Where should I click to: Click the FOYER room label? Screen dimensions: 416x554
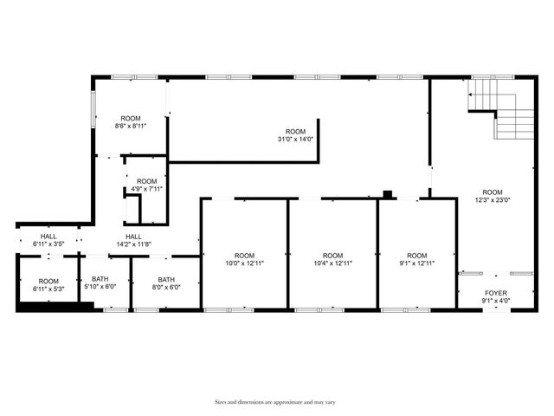(x=496, y=293)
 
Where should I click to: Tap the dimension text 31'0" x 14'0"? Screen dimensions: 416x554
(x=296, y=139)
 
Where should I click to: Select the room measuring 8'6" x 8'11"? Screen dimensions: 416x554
(x=131, y=122)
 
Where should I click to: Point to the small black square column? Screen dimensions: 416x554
(x=388, y=193)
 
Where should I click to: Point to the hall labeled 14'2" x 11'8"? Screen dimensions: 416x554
(x=133, y=241)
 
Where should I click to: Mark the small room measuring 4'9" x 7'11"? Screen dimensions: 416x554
(x=146, y=185)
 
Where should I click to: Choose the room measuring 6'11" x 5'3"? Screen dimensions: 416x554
(x=48, y=285)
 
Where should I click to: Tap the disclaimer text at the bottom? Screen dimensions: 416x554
(x=275, y=402)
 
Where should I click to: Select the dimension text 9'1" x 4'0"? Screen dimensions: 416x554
(x=496, y=302)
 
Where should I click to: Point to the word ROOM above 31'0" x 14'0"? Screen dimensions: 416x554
(x=296, y=131)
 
